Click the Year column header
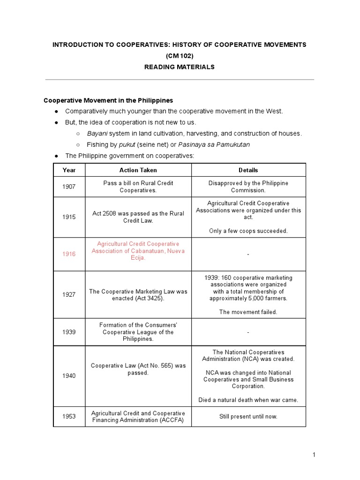[69, 170]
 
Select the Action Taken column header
[138, 170]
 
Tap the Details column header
[248, 170]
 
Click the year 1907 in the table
[69, 187]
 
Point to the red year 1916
[69, 254]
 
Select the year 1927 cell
[69, 295]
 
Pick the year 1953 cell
[69, 417]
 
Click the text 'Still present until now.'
[248, 417]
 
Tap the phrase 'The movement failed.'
[248, 312]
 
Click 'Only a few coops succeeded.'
[248, 231]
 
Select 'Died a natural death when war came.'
[248, 400]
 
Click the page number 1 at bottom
[315, 455]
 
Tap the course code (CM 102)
[179, 56]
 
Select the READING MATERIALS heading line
[179, 67]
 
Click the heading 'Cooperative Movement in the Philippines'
[108, 100]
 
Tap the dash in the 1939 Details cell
[248, 332]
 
